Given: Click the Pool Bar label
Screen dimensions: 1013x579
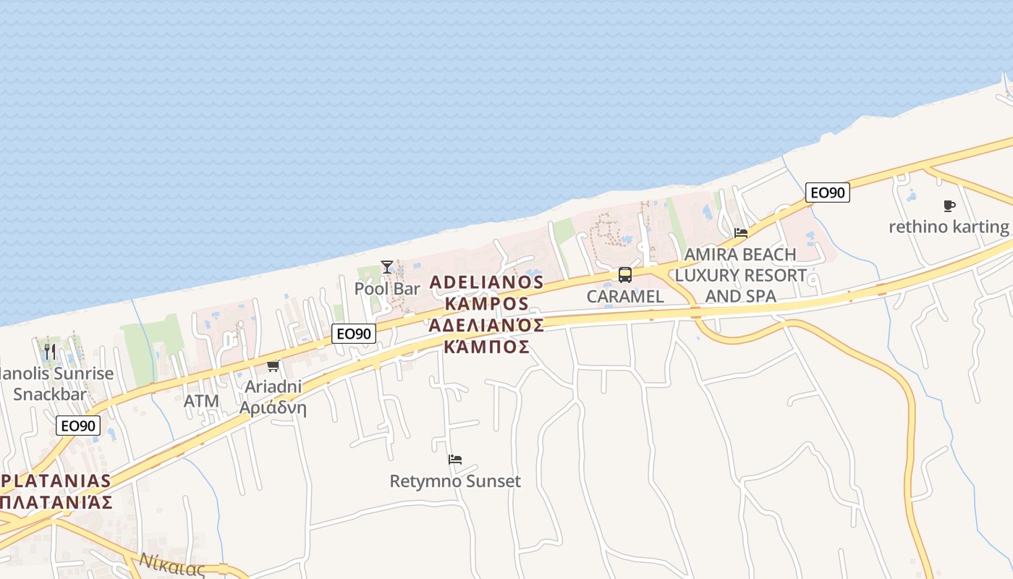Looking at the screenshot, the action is [387, 288].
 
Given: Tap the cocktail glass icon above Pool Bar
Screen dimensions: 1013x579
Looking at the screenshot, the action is [387, 267].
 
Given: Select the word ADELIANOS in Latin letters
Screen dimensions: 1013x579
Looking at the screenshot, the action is [486, 282].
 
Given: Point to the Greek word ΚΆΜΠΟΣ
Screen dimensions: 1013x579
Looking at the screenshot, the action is [486, 347].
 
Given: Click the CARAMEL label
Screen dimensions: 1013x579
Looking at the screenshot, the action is [624, 297].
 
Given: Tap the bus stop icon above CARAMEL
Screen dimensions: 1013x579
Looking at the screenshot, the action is [624, 275].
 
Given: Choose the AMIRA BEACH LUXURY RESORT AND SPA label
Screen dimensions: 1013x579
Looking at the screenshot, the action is [740, 275].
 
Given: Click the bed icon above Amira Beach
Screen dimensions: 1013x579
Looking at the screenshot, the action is [741, 233].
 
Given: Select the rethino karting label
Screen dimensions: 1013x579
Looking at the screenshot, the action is [948, 227].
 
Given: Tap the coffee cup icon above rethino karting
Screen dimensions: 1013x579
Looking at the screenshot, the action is [949, 206].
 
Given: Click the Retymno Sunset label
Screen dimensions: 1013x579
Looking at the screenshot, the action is [455, 481].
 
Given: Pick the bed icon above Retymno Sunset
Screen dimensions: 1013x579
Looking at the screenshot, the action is [455, 460].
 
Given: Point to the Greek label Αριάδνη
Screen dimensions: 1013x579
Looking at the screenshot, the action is [273, 408].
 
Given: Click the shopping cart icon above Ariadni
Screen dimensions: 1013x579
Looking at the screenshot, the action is [273, 365].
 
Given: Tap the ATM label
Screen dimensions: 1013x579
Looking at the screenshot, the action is [201, 400].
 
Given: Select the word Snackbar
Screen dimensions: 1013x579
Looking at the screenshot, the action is [49, 394].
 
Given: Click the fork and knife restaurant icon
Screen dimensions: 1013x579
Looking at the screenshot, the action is [49, 352].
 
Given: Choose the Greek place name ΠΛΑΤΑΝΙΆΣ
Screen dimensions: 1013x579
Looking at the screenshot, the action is [56, 502].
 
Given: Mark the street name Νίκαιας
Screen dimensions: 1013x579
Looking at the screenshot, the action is [174, 565].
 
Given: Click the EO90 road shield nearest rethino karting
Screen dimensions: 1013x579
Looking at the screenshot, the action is [828, 193].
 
